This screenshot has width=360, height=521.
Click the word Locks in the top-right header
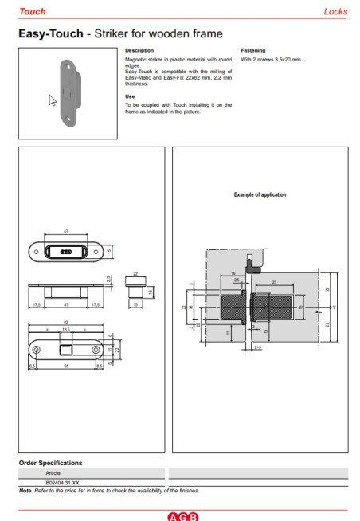pyautogui.click(x=335, y=12)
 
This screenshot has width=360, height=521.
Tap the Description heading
pyautogui.click(x=139, y=50)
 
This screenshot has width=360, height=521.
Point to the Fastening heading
pyautogui.click(x=252, y=50)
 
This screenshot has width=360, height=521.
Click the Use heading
pyautogui.click(x=130, y=96)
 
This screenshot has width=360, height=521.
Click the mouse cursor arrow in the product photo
pyautogui.click(x=53, y=101)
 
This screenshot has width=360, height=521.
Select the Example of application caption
pyautogui.click(x=260, y=194)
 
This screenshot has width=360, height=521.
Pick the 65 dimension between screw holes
pyautogui.click(x=66, y=364)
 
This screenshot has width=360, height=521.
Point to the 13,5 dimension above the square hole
pyautogui.click(x=66, y=330)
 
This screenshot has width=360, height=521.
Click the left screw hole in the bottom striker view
pyautogui.click(x=37, y=349)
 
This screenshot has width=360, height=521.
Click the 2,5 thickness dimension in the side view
pyautogui.click(x=108, y=278)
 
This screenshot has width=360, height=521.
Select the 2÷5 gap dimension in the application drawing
pyautogui.click(x=256, y=348)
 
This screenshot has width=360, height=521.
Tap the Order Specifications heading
pyautogui.click(x=50, y=463)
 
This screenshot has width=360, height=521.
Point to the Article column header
pyautogui.click(x=53, y=473)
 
